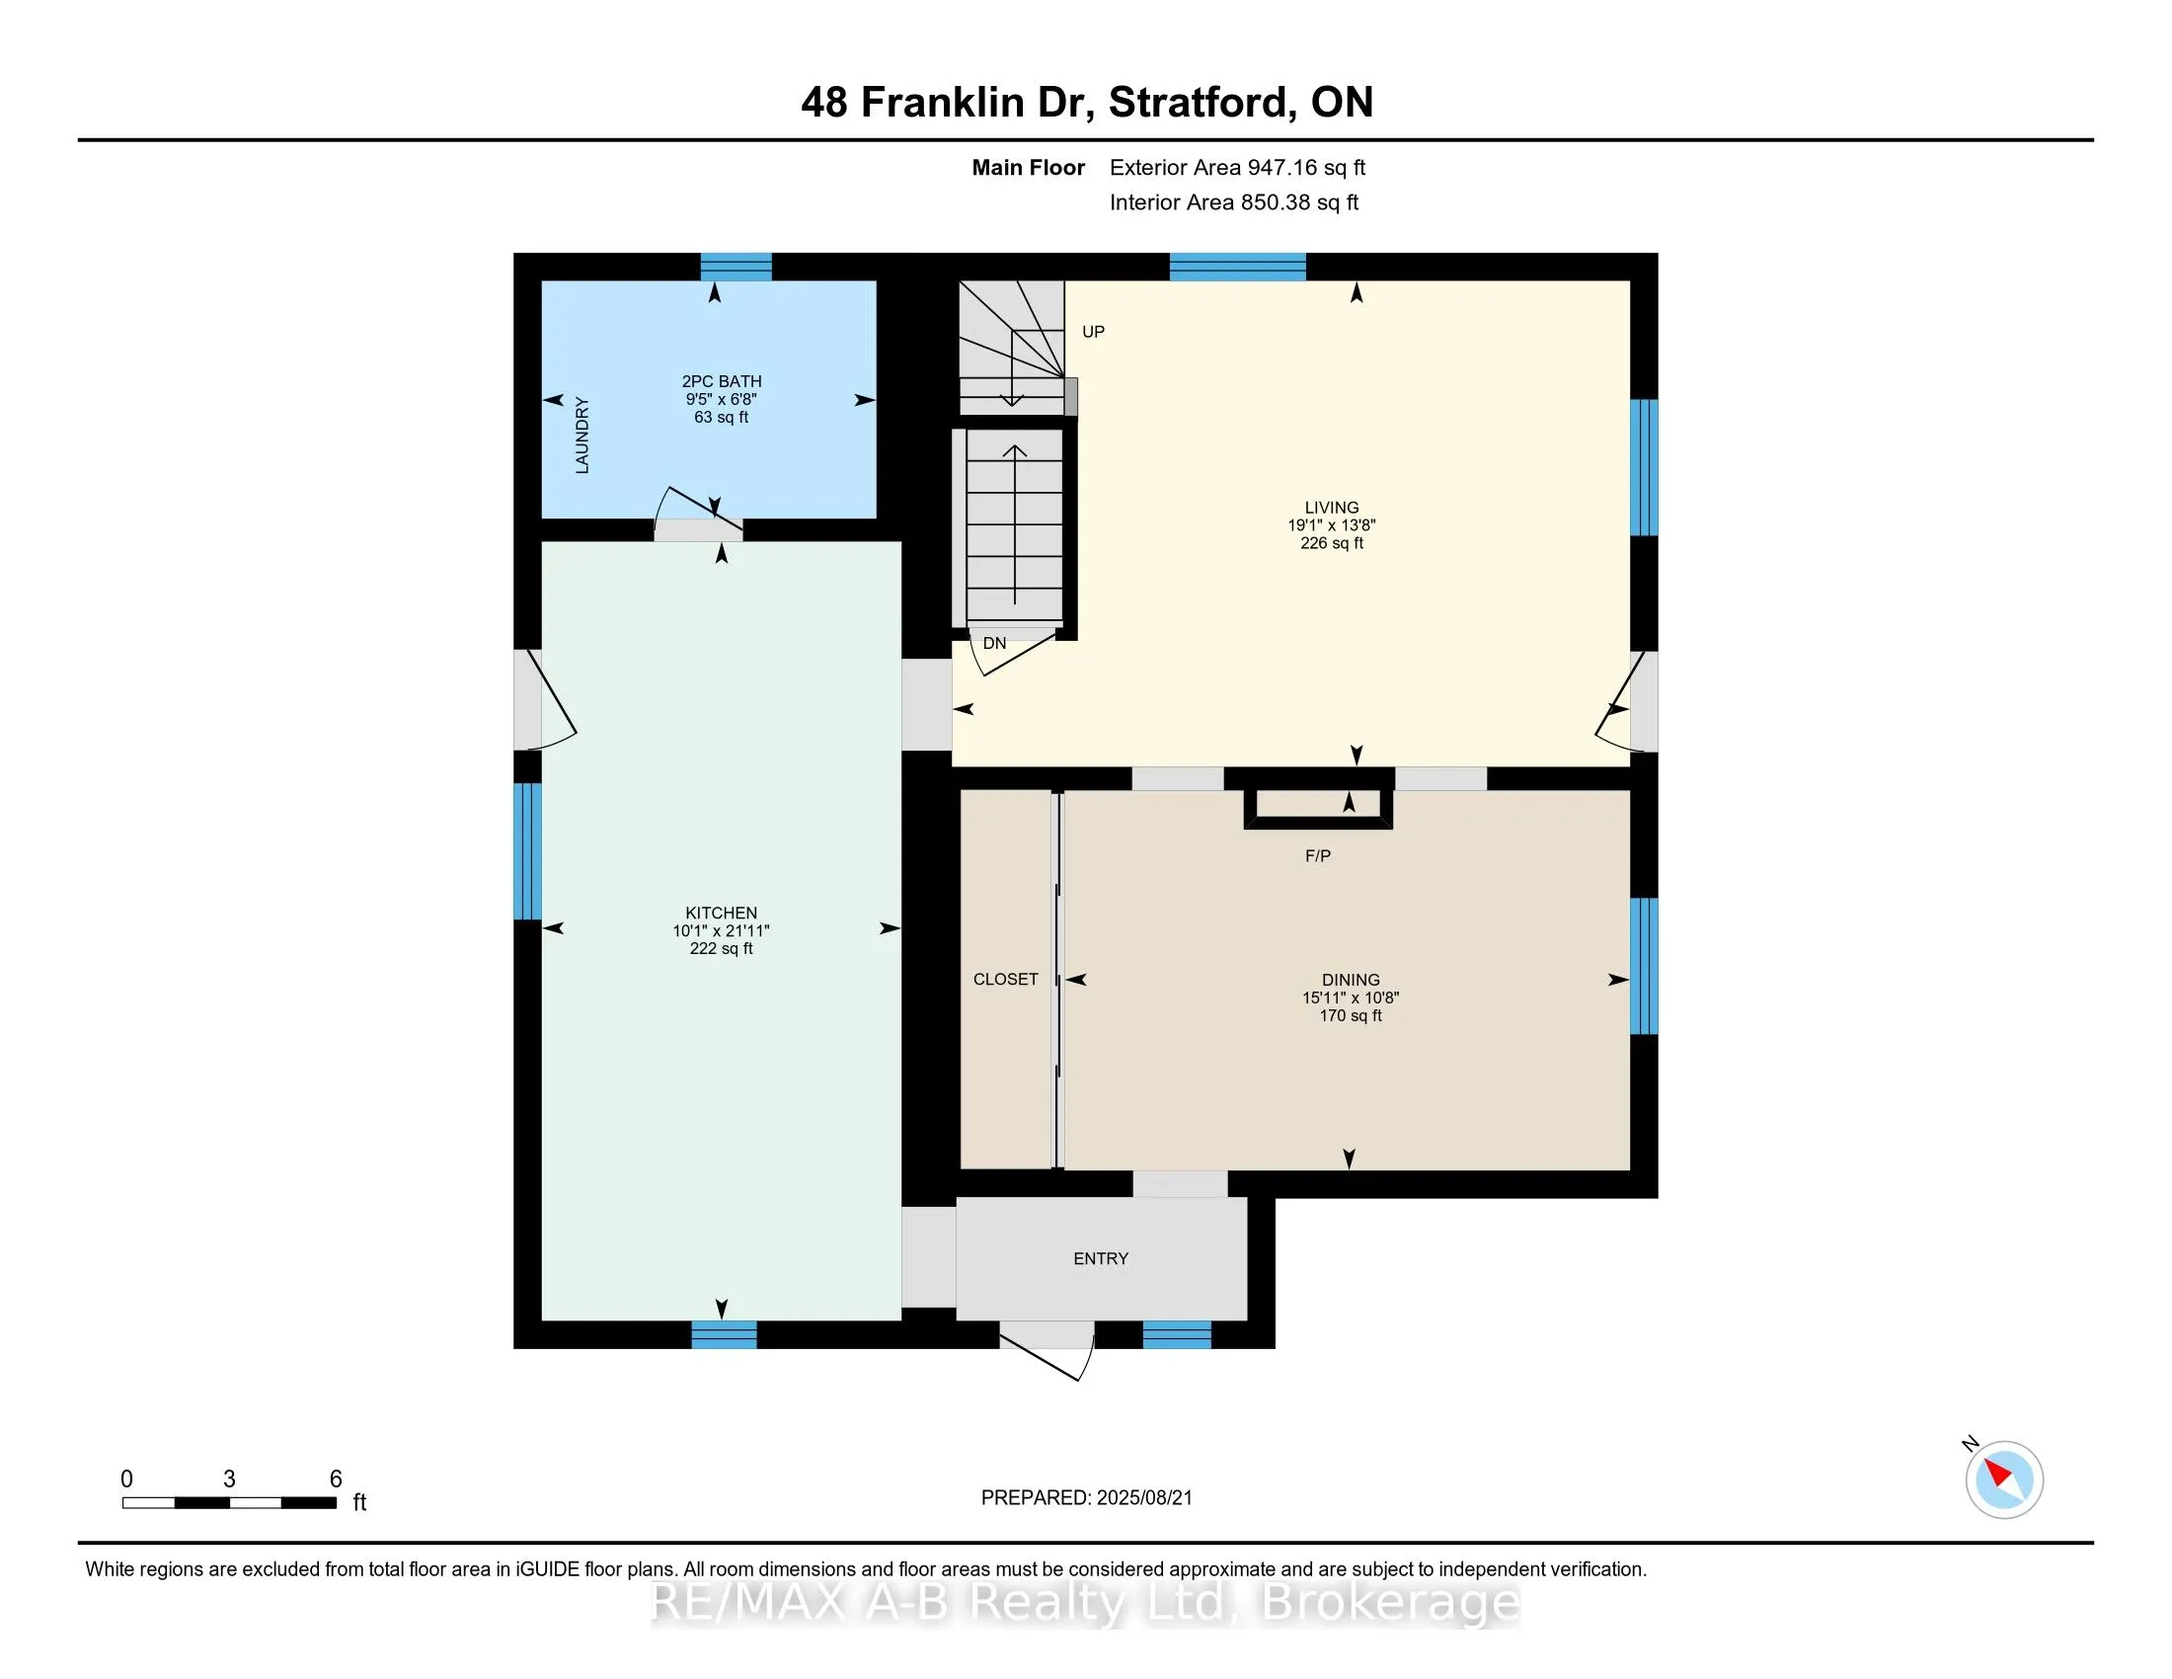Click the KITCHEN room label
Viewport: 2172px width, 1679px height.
pos(721,913)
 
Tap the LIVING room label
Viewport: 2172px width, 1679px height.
pos(1332,508)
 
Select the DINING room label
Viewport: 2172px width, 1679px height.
pos(1351,980)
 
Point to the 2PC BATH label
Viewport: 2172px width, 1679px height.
pos(721,381)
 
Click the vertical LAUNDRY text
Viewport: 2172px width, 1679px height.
pos(582,436)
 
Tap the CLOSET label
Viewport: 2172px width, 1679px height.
pos(1005,980)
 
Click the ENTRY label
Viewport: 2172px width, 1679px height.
pos(1101,1259)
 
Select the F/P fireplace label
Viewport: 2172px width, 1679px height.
pos(1318,855)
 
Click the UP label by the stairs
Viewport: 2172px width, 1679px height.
pos(1093,332)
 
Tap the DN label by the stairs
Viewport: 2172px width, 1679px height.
pos(994,644)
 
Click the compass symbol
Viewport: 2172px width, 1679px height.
pos(2004,1479)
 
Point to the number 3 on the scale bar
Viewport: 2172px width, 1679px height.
pos(230,1479)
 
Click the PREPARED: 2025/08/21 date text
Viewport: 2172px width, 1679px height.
pos(1086,1498)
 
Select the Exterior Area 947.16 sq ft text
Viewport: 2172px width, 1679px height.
pos(1237,168)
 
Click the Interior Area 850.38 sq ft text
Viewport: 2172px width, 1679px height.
pos(1233,202)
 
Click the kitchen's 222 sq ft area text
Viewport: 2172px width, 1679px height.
pos(721,949)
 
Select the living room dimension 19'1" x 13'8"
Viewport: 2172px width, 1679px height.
pos(1332,525)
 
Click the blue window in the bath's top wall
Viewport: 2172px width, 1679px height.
pos(736,267)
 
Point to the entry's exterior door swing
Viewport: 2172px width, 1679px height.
pos(1049,1353)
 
